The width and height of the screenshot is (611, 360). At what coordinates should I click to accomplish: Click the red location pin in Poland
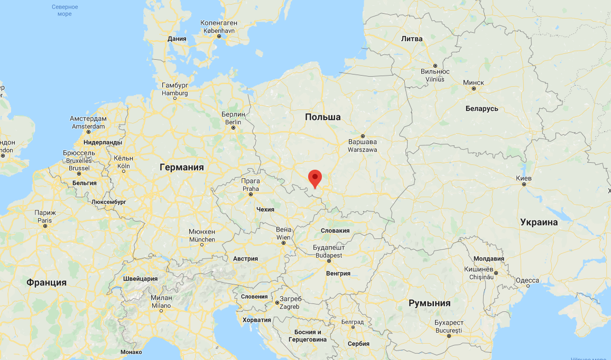315,178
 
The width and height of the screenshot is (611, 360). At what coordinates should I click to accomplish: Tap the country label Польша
322,117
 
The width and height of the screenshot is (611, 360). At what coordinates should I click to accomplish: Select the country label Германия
182,167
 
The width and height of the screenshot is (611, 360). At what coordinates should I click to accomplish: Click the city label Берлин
233,115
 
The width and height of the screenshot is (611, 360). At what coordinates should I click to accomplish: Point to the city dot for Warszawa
363,136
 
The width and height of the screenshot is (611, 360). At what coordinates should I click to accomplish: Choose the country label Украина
539,222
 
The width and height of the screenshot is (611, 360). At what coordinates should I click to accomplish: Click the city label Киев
524,177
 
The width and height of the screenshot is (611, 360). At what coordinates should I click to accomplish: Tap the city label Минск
473,82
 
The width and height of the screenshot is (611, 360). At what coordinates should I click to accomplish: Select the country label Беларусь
482,108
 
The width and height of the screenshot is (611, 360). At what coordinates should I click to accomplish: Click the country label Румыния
429,303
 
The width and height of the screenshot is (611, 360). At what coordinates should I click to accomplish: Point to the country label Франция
47,282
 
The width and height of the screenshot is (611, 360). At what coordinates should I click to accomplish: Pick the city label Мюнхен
202,232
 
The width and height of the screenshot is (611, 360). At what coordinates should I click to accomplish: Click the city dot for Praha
251,195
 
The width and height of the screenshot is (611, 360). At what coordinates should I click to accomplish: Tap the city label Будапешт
329,248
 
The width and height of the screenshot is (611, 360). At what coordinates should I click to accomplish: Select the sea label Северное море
65,10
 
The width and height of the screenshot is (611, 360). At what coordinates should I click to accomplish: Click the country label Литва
412,39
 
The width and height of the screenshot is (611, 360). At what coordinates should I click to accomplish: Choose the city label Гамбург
175,86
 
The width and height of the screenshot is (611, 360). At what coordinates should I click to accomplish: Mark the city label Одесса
527,280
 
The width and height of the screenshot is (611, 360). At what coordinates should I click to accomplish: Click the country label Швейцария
140,279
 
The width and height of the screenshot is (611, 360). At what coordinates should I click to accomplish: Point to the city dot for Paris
45,226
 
